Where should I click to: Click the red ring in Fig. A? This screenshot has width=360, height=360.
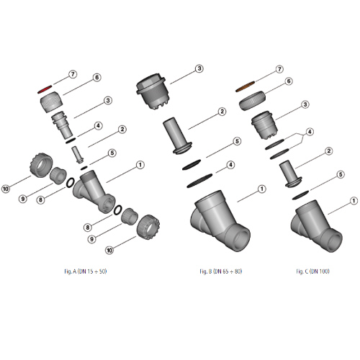pos(45,89)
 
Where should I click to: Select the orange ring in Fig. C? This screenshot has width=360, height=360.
pos(245,86)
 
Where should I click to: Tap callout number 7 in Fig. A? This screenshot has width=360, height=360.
pos(73,74)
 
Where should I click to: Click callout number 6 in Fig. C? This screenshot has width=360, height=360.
pos(289,81)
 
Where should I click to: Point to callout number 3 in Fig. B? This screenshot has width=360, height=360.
pos(199,68)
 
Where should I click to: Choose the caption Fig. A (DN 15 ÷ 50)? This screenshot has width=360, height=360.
pos(86,271)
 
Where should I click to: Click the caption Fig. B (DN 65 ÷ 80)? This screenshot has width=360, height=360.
pos(221,271)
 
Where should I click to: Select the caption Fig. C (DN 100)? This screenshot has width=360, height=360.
pos(312,271)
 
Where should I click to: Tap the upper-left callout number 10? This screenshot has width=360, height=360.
pos(6,189)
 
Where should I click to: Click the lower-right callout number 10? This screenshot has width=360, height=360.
pos(109,251)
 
